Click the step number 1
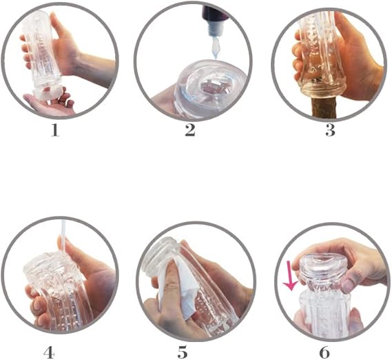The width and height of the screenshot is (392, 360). click(55, 130)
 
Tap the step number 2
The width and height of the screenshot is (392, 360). click(190, 130)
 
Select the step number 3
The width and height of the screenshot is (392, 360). click(330, 130)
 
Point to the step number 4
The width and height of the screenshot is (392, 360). click(49, 352)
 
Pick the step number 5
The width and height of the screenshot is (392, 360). click(183, 352)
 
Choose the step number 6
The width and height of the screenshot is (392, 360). click(324, 352)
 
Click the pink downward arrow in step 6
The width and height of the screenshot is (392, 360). click(290, 276)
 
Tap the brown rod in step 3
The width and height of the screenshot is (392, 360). click(325, 108)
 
